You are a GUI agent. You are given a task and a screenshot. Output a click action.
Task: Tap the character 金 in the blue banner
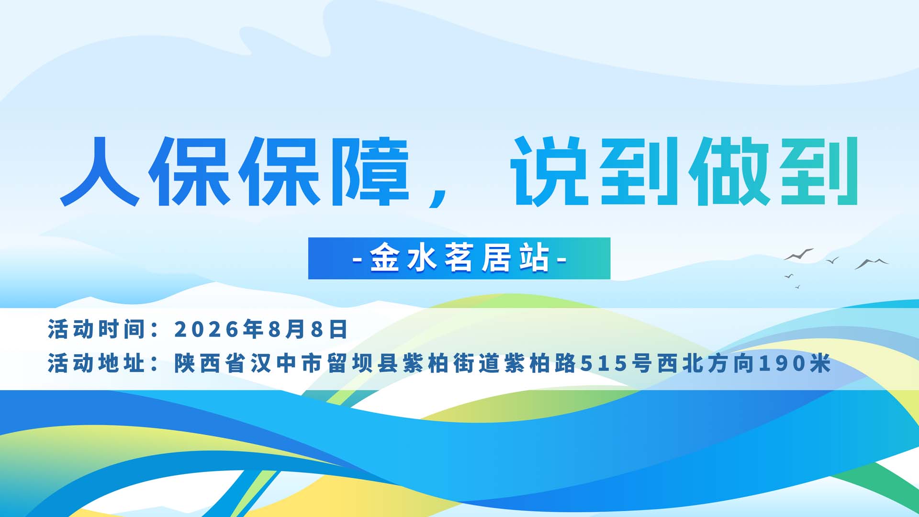385,258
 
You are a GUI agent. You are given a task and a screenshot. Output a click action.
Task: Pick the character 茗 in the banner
459,258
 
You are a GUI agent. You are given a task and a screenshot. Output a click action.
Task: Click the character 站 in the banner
534,258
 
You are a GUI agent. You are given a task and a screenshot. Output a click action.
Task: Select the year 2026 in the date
206,329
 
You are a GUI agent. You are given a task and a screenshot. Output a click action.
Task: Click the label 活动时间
96,329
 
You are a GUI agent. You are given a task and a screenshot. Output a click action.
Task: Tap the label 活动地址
96,363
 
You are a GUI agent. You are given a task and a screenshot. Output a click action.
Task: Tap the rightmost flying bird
872,263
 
